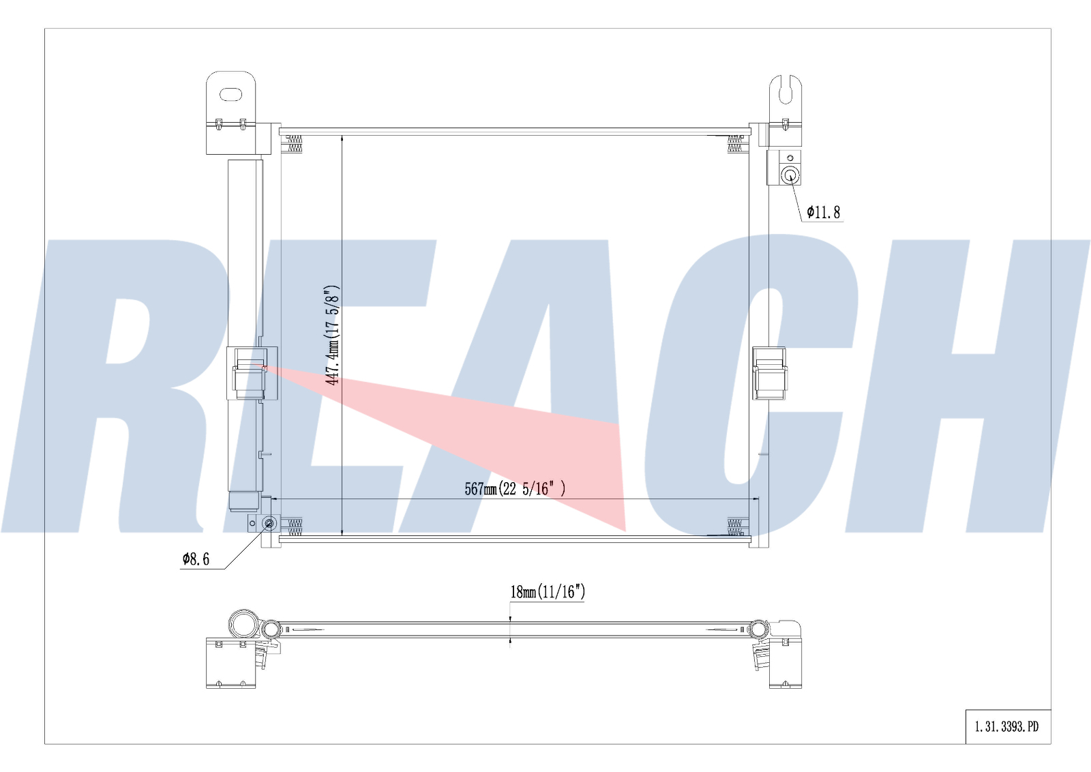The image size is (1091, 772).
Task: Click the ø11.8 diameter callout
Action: [823, 212]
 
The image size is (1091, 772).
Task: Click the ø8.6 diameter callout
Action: [196, 559]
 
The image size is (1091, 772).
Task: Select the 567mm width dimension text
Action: [515, 488]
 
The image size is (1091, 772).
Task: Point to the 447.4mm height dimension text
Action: [332, 334]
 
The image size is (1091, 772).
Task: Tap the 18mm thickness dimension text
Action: [548, 591]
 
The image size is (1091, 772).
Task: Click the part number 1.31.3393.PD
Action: [1007, 727]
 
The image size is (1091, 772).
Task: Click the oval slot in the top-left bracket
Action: [230, 94]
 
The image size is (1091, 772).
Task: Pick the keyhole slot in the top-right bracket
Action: [786, 91]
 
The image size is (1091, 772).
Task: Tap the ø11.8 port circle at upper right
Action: [790, 175]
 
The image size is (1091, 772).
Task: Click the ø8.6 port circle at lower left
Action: [269, 523]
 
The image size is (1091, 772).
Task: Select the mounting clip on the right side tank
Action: [769, 373]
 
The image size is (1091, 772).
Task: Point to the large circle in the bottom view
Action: [242, 625]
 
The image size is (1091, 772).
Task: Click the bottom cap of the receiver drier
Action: [244, 502]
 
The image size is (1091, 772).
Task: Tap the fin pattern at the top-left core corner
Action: [294, 144]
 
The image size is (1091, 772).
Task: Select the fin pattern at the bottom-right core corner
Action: [734, 526]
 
